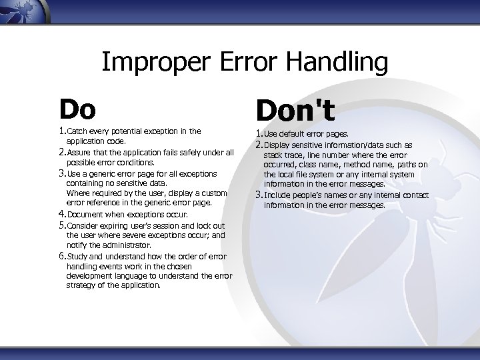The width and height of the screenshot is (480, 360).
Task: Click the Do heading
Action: click(77, 107)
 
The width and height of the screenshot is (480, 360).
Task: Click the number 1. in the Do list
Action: click(61, 131)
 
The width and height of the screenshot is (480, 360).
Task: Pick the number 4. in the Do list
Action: click(61, 215)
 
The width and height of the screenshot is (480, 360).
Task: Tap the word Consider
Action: click(82, 226)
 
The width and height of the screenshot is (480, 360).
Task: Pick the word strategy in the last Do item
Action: click(81, 285)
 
